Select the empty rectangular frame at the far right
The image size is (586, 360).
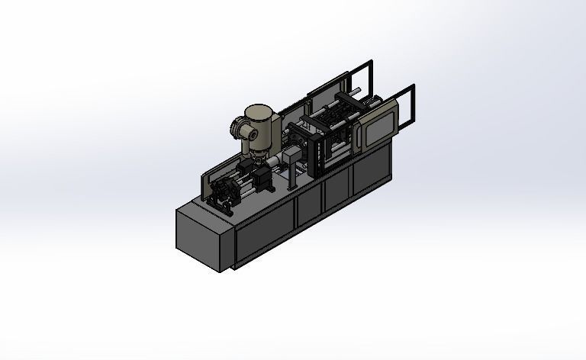(407, 104)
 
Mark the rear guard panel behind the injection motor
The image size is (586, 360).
(204, 186)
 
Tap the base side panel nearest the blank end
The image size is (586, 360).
(264, 230)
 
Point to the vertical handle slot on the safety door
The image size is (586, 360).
(365, 130)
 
